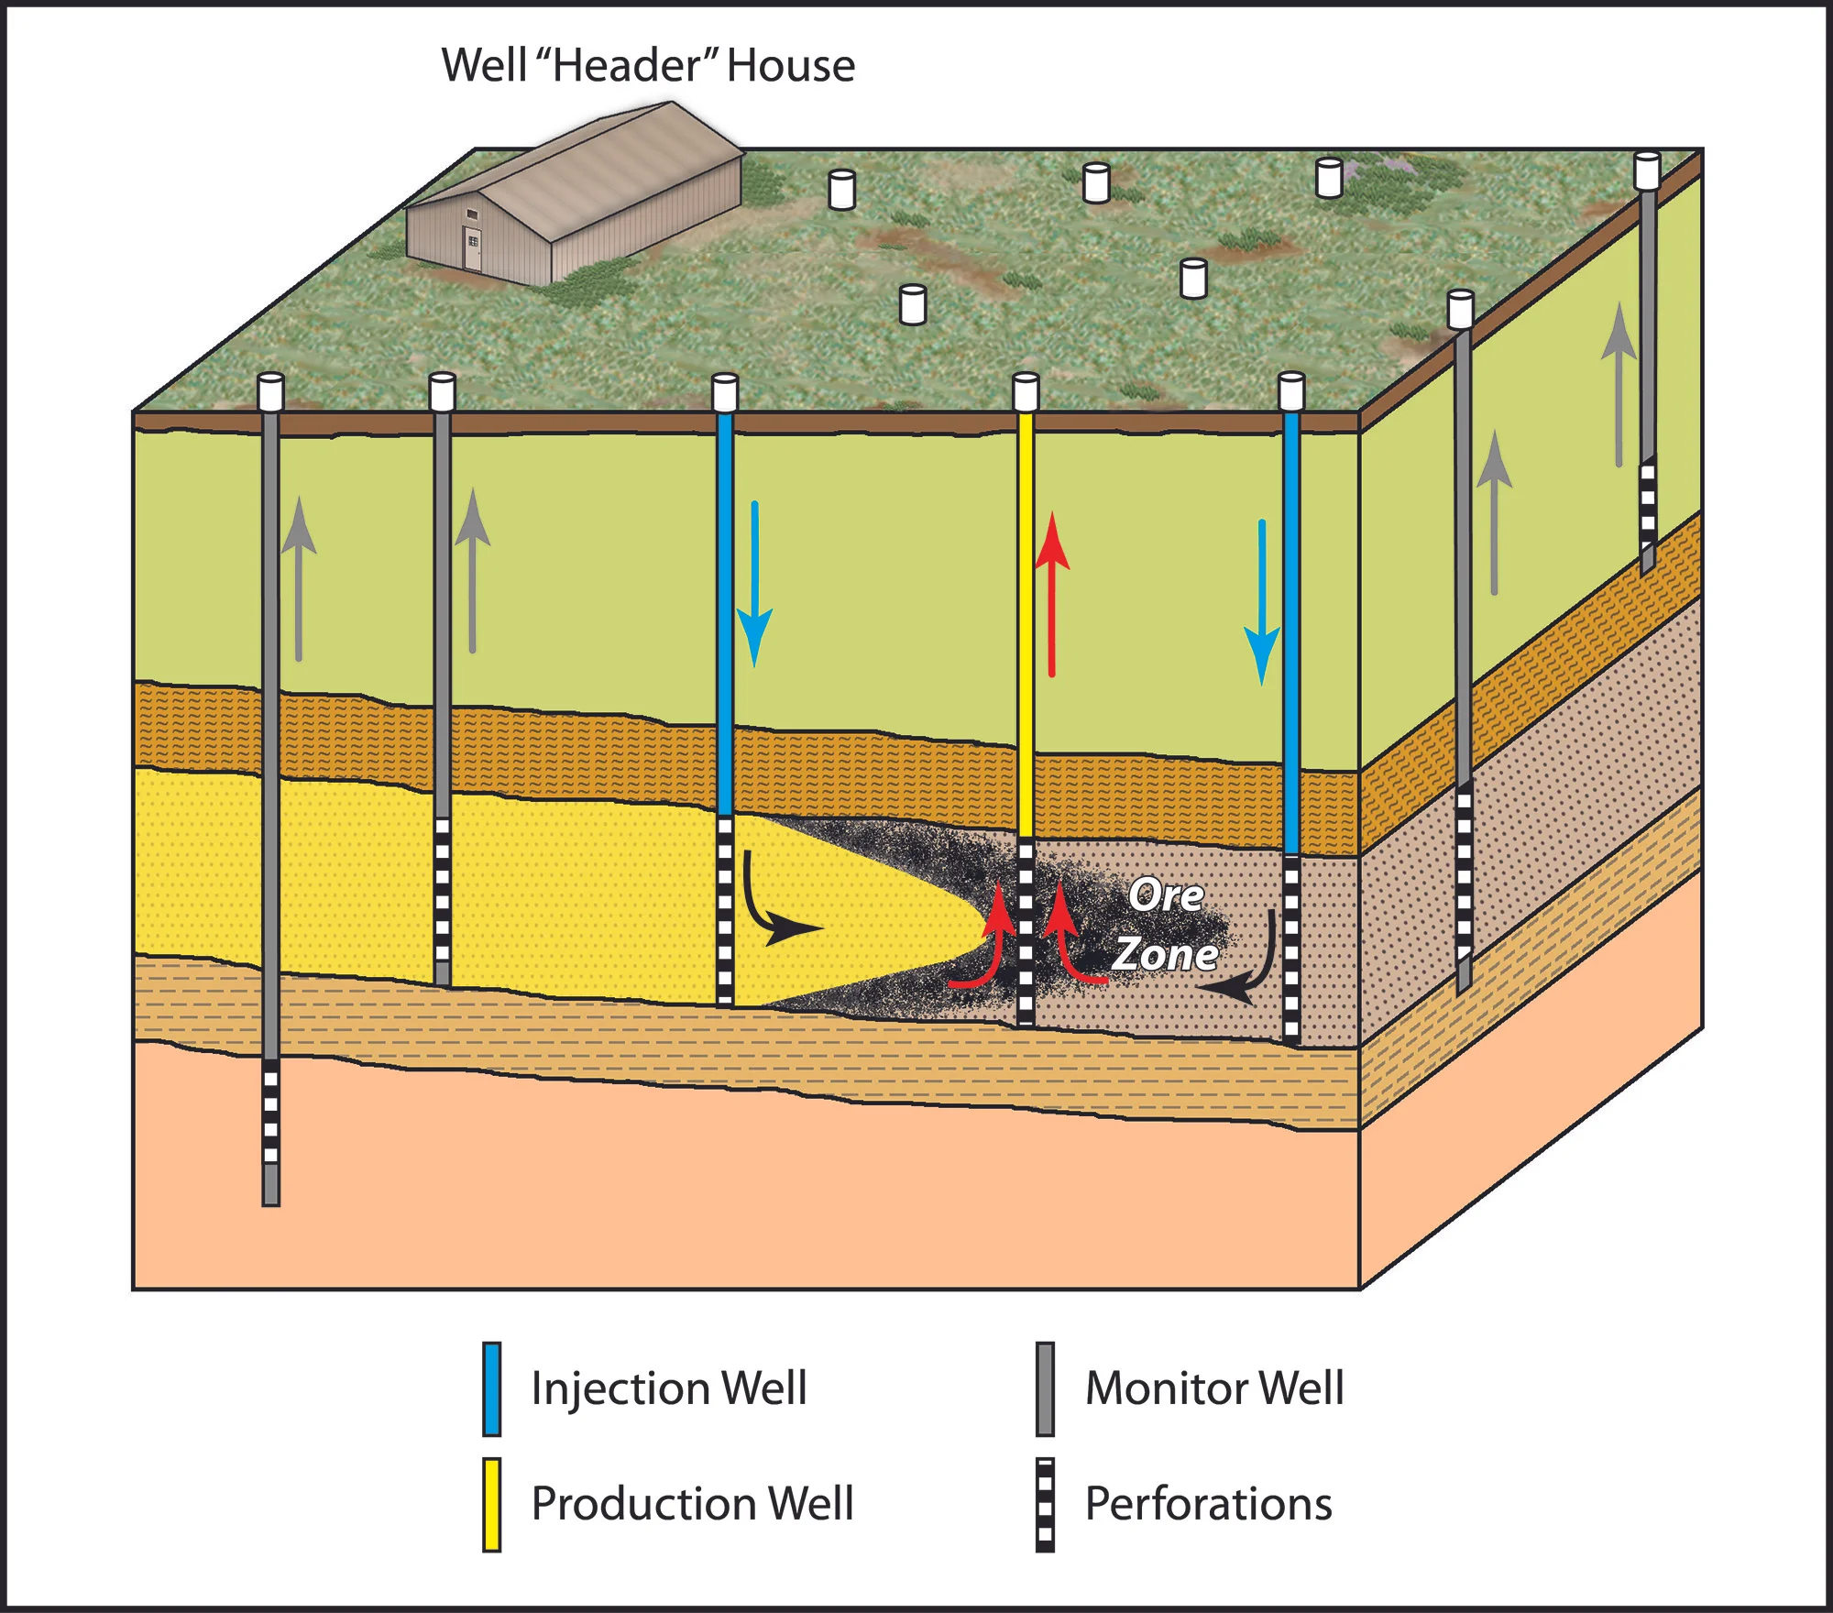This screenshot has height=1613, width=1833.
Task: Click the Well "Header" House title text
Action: [648, 66]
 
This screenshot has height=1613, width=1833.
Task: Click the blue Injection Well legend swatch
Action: [492, 1388]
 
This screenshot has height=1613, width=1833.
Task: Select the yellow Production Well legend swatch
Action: [492, 1504]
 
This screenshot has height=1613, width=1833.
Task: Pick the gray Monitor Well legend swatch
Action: [1045, 1388]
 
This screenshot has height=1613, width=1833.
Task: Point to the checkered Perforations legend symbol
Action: [1045, 1504]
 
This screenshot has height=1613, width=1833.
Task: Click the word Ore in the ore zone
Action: [1165, 895]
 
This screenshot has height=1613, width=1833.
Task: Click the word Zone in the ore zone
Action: [1165, 954]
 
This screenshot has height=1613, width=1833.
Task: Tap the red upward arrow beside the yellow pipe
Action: [1052, 596]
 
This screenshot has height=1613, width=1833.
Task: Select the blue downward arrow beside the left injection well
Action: [754, 587]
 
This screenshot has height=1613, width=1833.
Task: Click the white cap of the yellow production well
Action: [1026, 391]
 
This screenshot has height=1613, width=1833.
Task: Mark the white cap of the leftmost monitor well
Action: [270, 391]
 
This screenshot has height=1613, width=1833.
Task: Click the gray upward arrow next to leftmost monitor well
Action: [299, 577]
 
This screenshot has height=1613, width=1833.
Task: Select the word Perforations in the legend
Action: [1208, 1504]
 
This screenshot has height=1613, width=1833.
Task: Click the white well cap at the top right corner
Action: [1647, 170]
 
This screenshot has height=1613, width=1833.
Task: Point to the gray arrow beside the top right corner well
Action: [1619, 385]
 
